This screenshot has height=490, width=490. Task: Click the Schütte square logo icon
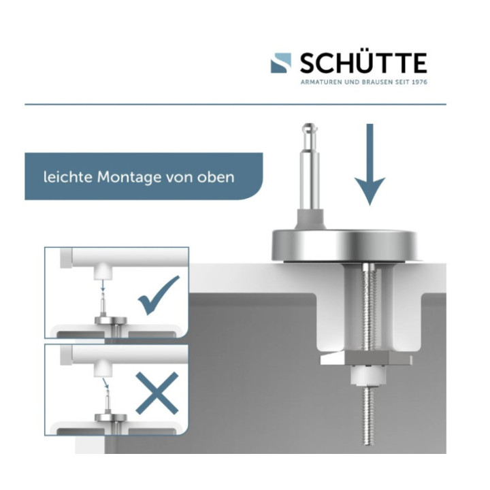coord(281,63)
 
